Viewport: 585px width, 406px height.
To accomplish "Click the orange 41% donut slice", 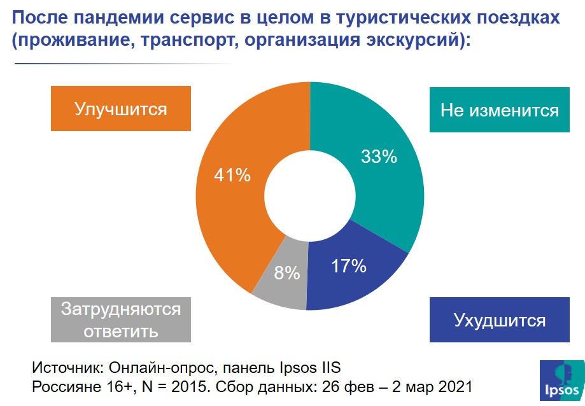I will tap(226, 204).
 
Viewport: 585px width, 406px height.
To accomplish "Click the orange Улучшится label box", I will tap(121, 109).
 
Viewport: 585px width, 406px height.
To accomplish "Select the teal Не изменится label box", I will tap(499, 110).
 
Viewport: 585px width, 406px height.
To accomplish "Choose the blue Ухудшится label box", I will tap(499, 319).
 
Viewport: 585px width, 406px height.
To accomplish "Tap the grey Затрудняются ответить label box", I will tap(121, 320).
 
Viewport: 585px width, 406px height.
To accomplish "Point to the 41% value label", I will tap(232, 176).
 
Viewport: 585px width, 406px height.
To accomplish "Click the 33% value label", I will tap(379, 157).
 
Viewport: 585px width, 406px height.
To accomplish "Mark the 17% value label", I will tap(348, 266).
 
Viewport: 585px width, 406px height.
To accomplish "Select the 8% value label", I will tap(287, 273).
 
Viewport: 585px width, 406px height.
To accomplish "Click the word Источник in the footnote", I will tap(67, 368).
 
